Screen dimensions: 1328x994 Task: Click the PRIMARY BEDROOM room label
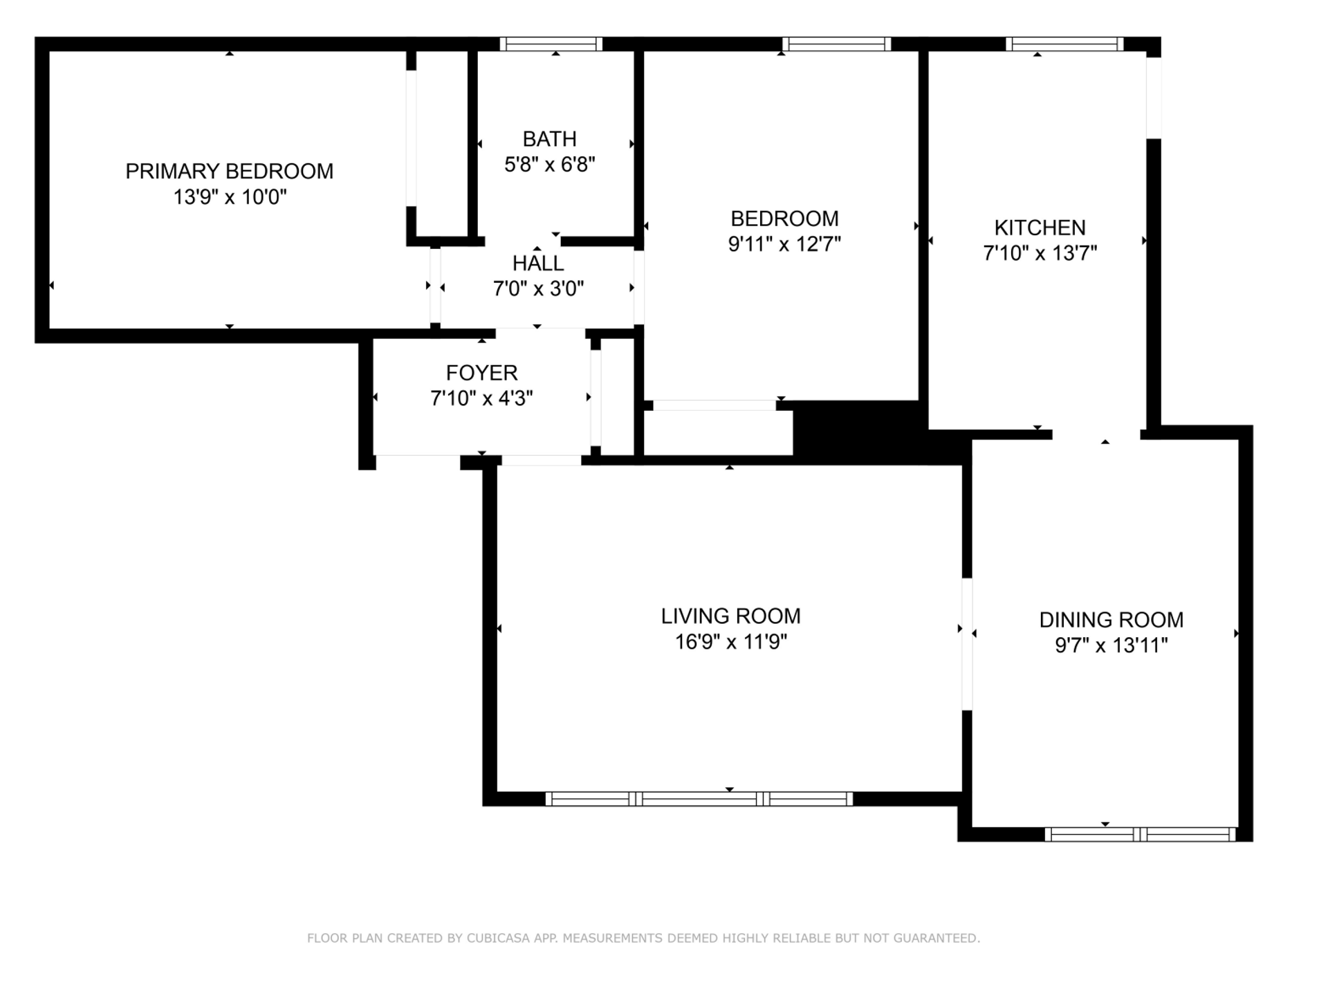click(x=229, y=171)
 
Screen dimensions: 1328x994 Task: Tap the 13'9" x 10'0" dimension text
click(x=230, y=197)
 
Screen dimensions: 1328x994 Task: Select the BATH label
click(x=549, y=139)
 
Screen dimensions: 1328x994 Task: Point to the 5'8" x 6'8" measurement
click(x=550, y=165)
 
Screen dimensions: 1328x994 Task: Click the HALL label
click(x=538, y=263)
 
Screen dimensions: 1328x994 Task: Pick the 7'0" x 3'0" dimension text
click(x=538, y=288)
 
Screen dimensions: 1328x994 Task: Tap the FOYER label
click(x=481, y=373)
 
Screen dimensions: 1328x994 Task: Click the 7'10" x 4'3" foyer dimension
click(x=481, y=398)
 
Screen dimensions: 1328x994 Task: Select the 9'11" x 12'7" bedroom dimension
click(x=784, y=244)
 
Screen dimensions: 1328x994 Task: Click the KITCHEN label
click(x=1040, y=228)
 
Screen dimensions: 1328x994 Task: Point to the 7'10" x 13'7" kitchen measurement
click(x=1040, y=253)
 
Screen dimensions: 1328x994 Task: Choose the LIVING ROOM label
click(x=730, y=616)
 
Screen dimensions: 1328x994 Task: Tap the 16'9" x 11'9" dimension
click(x=730, y=642)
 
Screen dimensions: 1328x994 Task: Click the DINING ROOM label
click(x=1111, y=620)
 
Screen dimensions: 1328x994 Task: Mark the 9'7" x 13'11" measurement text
click(x=1111, y=645)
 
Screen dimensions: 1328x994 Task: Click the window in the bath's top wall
click(x=551, y=44)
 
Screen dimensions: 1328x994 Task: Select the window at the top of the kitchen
click(x=1064, y=44)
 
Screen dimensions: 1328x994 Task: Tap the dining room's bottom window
click(x=1140, y=834)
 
